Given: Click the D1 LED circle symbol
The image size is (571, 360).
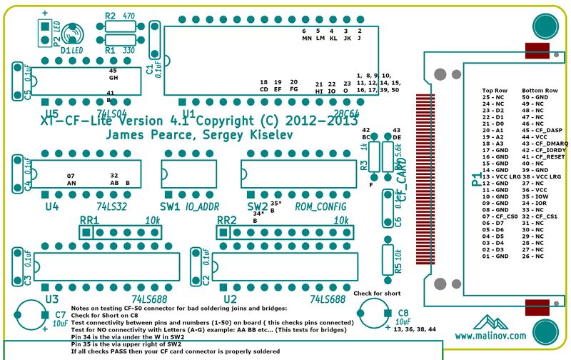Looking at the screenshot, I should (x=72, y=34).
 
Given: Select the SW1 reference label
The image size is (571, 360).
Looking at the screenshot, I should (x=169, y=207).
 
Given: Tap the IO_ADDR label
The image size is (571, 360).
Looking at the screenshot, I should (x=203, y=207).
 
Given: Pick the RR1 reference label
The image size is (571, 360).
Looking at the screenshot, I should (x=89, y=220).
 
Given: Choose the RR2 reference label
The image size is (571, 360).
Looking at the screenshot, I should (x=228, y=220).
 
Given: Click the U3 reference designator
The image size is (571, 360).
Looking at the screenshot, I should (x=51, y=298).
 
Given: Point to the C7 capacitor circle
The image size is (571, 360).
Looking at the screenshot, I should (x=32, y=314).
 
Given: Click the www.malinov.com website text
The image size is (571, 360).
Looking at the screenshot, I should (x=490, y=335).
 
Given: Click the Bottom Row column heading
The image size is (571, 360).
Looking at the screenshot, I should (x=540, y=91).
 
